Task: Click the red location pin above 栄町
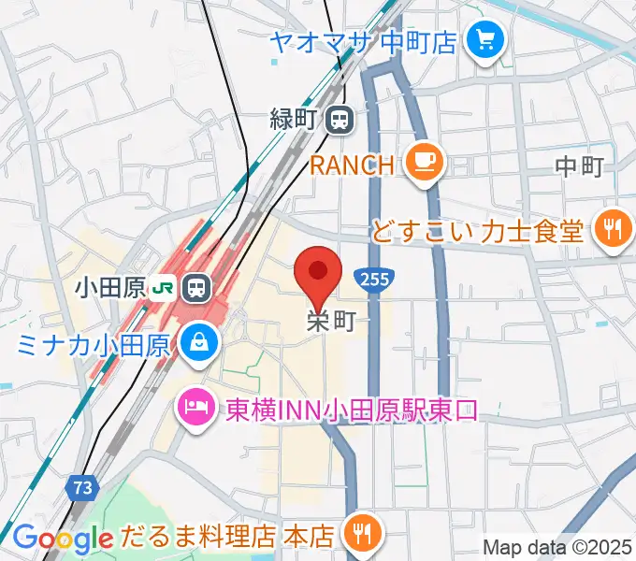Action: pos(317,272)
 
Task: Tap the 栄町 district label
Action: pos(331,322)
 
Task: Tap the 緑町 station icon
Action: pos(340,119)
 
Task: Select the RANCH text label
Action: pos(352,165)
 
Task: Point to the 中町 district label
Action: pos(580,166)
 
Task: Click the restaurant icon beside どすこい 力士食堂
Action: pos(614,229)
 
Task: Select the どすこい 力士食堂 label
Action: pos(478,229)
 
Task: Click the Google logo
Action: pos(63,538)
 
